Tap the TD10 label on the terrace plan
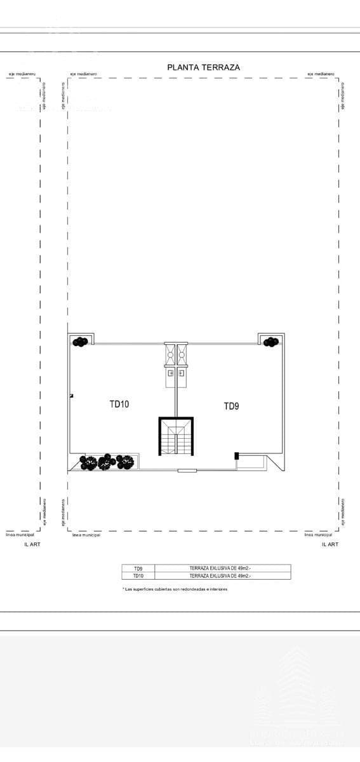(119, 403)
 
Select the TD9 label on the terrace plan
(231, 406)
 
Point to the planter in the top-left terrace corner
(80, 342)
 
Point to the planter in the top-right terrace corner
(271, 342)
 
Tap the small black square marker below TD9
(236, 455)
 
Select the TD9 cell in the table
(138, 568)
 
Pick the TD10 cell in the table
(138, 576)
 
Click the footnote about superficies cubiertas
(175, 589)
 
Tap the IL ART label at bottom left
(32, 544)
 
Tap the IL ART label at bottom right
(330, 544)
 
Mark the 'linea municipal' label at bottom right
(318, 535)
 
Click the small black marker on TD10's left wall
(72, 396)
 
